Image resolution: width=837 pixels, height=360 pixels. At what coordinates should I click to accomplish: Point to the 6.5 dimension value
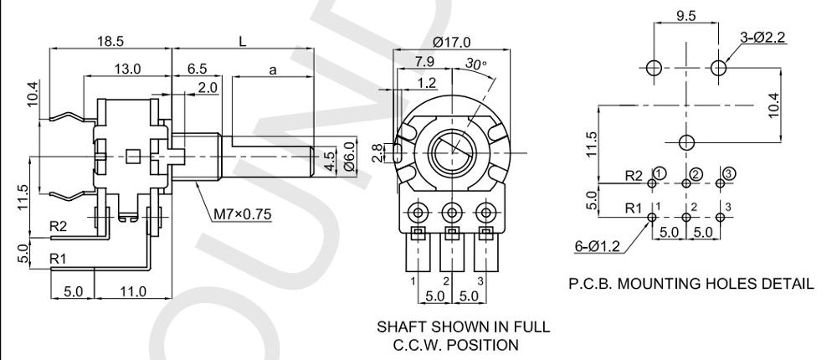click(x=196, y=69)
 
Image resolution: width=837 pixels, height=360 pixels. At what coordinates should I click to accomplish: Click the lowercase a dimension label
click(x=273, y=71)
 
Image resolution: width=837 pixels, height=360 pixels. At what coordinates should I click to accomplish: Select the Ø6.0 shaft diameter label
click(x=351, y=157)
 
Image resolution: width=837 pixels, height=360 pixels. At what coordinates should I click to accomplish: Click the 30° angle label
click(x=476, y=64)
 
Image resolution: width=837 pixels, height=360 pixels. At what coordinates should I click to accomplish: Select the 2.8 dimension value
click(x=378, y=152)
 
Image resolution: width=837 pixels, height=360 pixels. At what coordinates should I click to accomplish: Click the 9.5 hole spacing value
click(x=686, y=14)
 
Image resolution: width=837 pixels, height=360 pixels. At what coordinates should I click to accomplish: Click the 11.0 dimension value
click(x=132, y=291)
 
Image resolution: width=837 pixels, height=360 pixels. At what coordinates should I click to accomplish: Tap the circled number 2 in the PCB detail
click(x=694, y=173)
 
